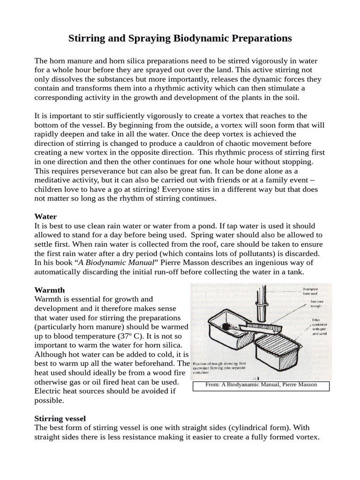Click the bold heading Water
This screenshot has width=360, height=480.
click(x=45, y=217)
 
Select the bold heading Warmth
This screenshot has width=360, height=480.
click(x=50, y=290)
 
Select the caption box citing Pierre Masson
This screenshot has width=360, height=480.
click(x=261, y=385)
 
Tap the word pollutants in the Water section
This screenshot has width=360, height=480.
click(x=230, y=253)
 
